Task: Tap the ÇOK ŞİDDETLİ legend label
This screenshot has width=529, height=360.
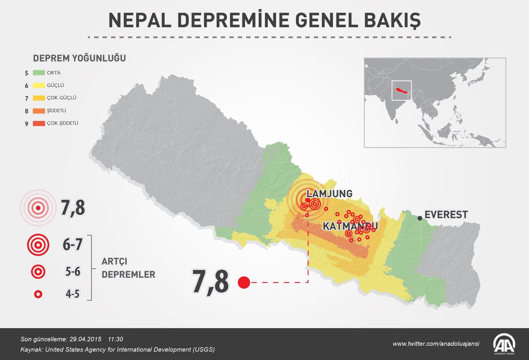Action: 66,123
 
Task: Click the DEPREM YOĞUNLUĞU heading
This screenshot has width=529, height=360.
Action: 79,58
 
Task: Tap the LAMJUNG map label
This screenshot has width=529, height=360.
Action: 329,194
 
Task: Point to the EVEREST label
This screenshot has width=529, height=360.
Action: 446,215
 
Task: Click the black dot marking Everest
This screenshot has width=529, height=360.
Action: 420,218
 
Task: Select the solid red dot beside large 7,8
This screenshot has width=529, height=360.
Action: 244,283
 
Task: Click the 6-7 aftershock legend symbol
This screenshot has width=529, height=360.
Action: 38,245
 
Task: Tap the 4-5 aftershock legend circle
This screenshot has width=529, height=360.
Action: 38,294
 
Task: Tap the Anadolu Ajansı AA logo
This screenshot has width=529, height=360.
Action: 506,344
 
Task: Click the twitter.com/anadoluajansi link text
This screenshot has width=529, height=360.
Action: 436,344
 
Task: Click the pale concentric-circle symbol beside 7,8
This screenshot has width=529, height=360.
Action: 38,208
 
